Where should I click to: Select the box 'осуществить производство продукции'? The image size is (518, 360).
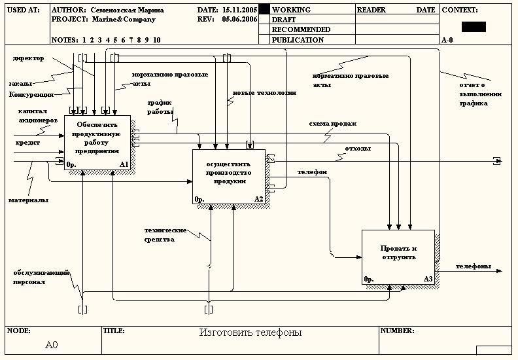(x=228, y=177)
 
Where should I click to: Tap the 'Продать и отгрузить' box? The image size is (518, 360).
(x=398, y=257)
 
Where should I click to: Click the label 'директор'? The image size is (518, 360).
(x=28, y=58)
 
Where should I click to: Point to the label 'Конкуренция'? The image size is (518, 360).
(x=31, y=95)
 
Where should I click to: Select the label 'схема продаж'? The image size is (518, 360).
(x=333, y=123)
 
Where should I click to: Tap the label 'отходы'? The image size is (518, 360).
(x=358, y=149)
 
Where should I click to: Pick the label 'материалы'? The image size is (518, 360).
(x=28, y=200)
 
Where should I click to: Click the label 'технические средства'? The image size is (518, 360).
(x=166, y=234)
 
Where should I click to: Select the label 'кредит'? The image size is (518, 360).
(x=28, y=142)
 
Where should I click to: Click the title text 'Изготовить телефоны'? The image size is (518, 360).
(x=250, y=333)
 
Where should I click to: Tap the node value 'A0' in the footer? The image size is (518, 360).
(x=52, y=344)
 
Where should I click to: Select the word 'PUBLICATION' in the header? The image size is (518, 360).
(x=298, y=40)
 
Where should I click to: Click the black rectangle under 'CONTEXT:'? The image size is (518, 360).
(x=474, y=27)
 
